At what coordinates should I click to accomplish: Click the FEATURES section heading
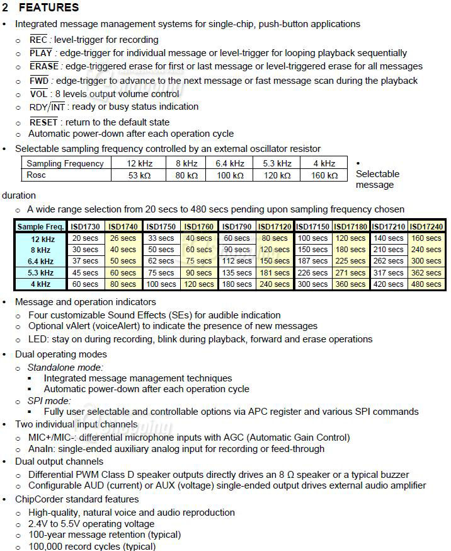click(x=49, y=8)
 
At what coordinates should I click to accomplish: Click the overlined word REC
click(x=38, y=40)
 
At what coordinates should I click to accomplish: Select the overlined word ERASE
click(x=43, y=66)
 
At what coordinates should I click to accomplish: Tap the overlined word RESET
click(x=43, y=122)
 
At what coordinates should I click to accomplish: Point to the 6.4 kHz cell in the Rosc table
click(x=229, y=163)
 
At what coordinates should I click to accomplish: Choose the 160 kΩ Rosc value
click(x=324, y=175)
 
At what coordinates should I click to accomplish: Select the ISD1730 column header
click(x=85, y=226)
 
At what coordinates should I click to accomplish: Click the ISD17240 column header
click(x=426, y=226)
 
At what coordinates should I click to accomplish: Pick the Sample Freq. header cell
click(x=40, y=226)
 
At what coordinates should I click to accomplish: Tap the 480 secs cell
click(x=426, y=284)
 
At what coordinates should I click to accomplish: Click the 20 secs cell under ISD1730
click(x=85, y=238)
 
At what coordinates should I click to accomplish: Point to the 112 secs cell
click(x=237, y=262)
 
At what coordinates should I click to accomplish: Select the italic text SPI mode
click(x=50, y=400)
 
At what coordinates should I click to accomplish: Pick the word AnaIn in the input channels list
click(x=42, y=449)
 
